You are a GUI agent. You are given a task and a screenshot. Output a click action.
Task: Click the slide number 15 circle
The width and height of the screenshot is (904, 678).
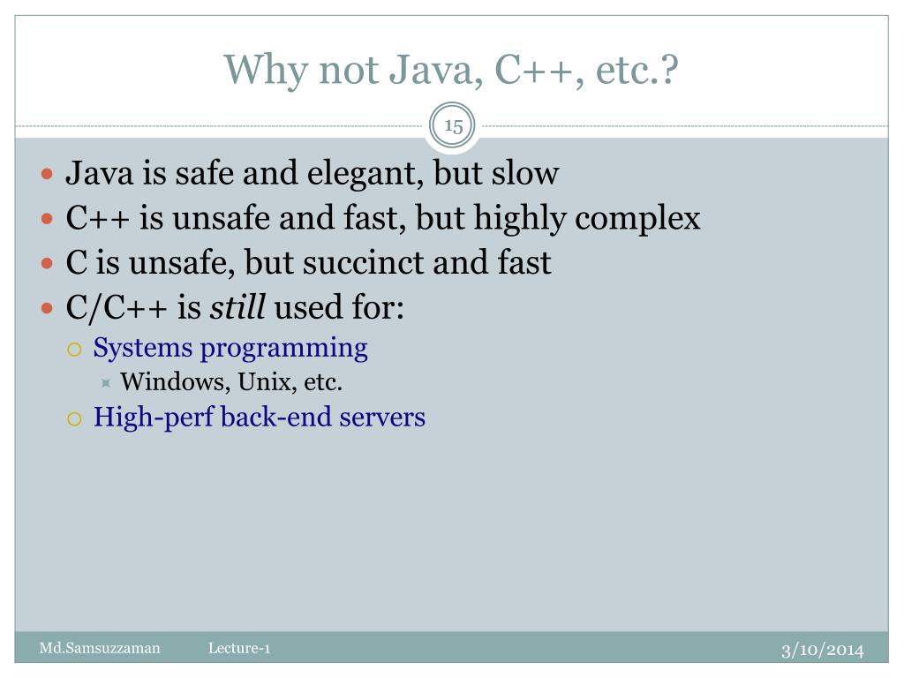click(x=453, y=126)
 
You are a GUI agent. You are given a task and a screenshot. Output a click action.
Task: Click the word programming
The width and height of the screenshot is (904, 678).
click(x=284, y=349)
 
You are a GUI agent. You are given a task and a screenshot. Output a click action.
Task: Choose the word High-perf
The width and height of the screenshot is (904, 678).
click(x=153, y=417)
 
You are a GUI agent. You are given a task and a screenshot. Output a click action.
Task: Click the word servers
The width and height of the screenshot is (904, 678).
click(x=383, y=417)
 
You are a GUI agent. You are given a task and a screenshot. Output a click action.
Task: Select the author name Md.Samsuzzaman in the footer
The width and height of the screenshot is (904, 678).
click(x=100, y=649)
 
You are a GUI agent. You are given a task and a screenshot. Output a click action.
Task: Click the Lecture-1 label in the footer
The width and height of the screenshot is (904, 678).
click(x=239, y=649)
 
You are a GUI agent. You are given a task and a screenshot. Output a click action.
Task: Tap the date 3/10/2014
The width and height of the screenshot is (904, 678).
click(x=822, y=650)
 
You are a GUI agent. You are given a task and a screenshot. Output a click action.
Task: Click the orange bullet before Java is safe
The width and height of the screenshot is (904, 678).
click(x=49, y=174)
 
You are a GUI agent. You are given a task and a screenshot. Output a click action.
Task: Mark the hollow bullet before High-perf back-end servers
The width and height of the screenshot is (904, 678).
click(x=74, y=418)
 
